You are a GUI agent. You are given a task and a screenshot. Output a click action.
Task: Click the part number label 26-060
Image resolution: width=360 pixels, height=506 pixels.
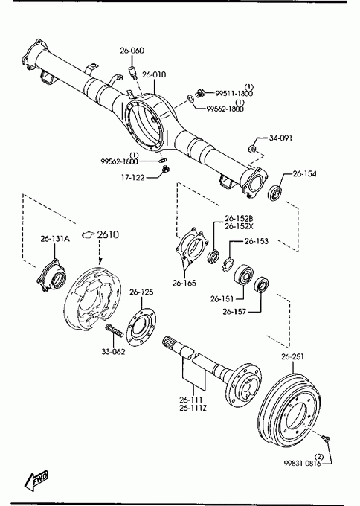click(132, 51)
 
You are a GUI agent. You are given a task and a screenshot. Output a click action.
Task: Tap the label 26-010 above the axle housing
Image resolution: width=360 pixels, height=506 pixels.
click(154, 74)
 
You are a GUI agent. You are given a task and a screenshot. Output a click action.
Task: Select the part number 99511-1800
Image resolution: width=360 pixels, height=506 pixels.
click(234, 94)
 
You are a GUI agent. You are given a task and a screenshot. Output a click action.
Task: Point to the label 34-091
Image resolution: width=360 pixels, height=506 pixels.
click(280, 138)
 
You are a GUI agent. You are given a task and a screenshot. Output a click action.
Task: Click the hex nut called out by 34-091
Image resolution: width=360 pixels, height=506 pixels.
click(253, 149)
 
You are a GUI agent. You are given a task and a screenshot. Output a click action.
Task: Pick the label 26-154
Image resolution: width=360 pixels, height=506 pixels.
click(305, 173)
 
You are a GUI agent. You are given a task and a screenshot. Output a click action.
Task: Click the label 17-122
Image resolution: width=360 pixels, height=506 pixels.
click(132, 178)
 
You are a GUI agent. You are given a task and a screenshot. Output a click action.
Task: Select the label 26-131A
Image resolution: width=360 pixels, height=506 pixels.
click(55, 239)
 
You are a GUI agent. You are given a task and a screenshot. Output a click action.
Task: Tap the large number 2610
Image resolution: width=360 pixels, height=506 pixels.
click(108, 234)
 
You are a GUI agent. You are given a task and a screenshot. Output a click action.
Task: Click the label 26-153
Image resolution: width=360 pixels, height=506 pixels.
click(257, 241)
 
